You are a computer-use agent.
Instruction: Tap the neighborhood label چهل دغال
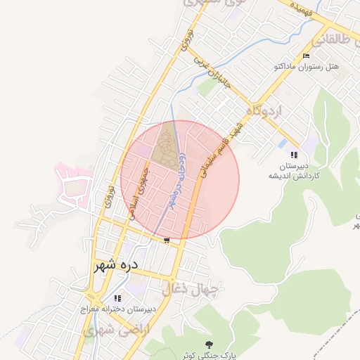[192, 288]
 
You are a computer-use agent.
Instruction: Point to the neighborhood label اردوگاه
[264, 110]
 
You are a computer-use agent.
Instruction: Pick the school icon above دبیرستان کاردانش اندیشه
[294, 155]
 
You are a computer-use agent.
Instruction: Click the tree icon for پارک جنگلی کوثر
[208, 344]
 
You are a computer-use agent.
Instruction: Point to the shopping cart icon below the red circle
[166, 240]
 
